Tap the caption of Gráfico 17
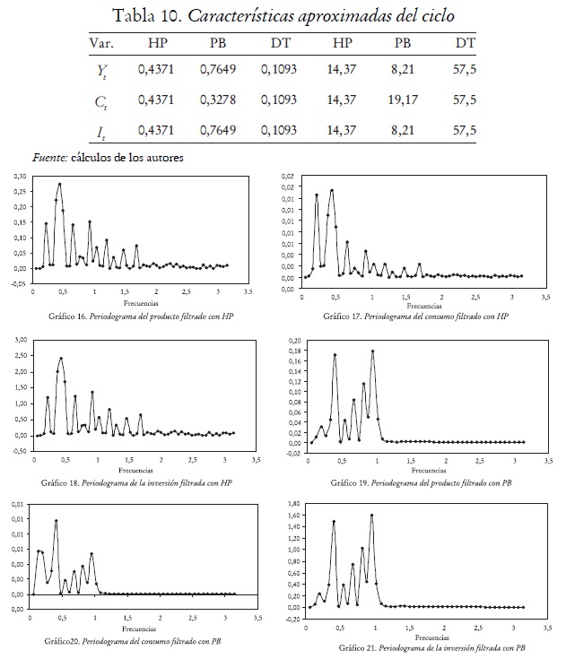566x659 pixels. click(x=416, y=316)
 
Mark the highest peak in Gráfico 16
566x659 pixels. click(x=60, y=185)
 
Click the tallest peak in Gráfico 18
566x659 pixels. click(x=61, y=359)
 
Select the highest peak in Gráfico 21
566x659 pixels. click(x=371, y=515)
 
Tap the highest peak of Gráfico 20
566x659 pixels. click(x=57, y=520)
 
